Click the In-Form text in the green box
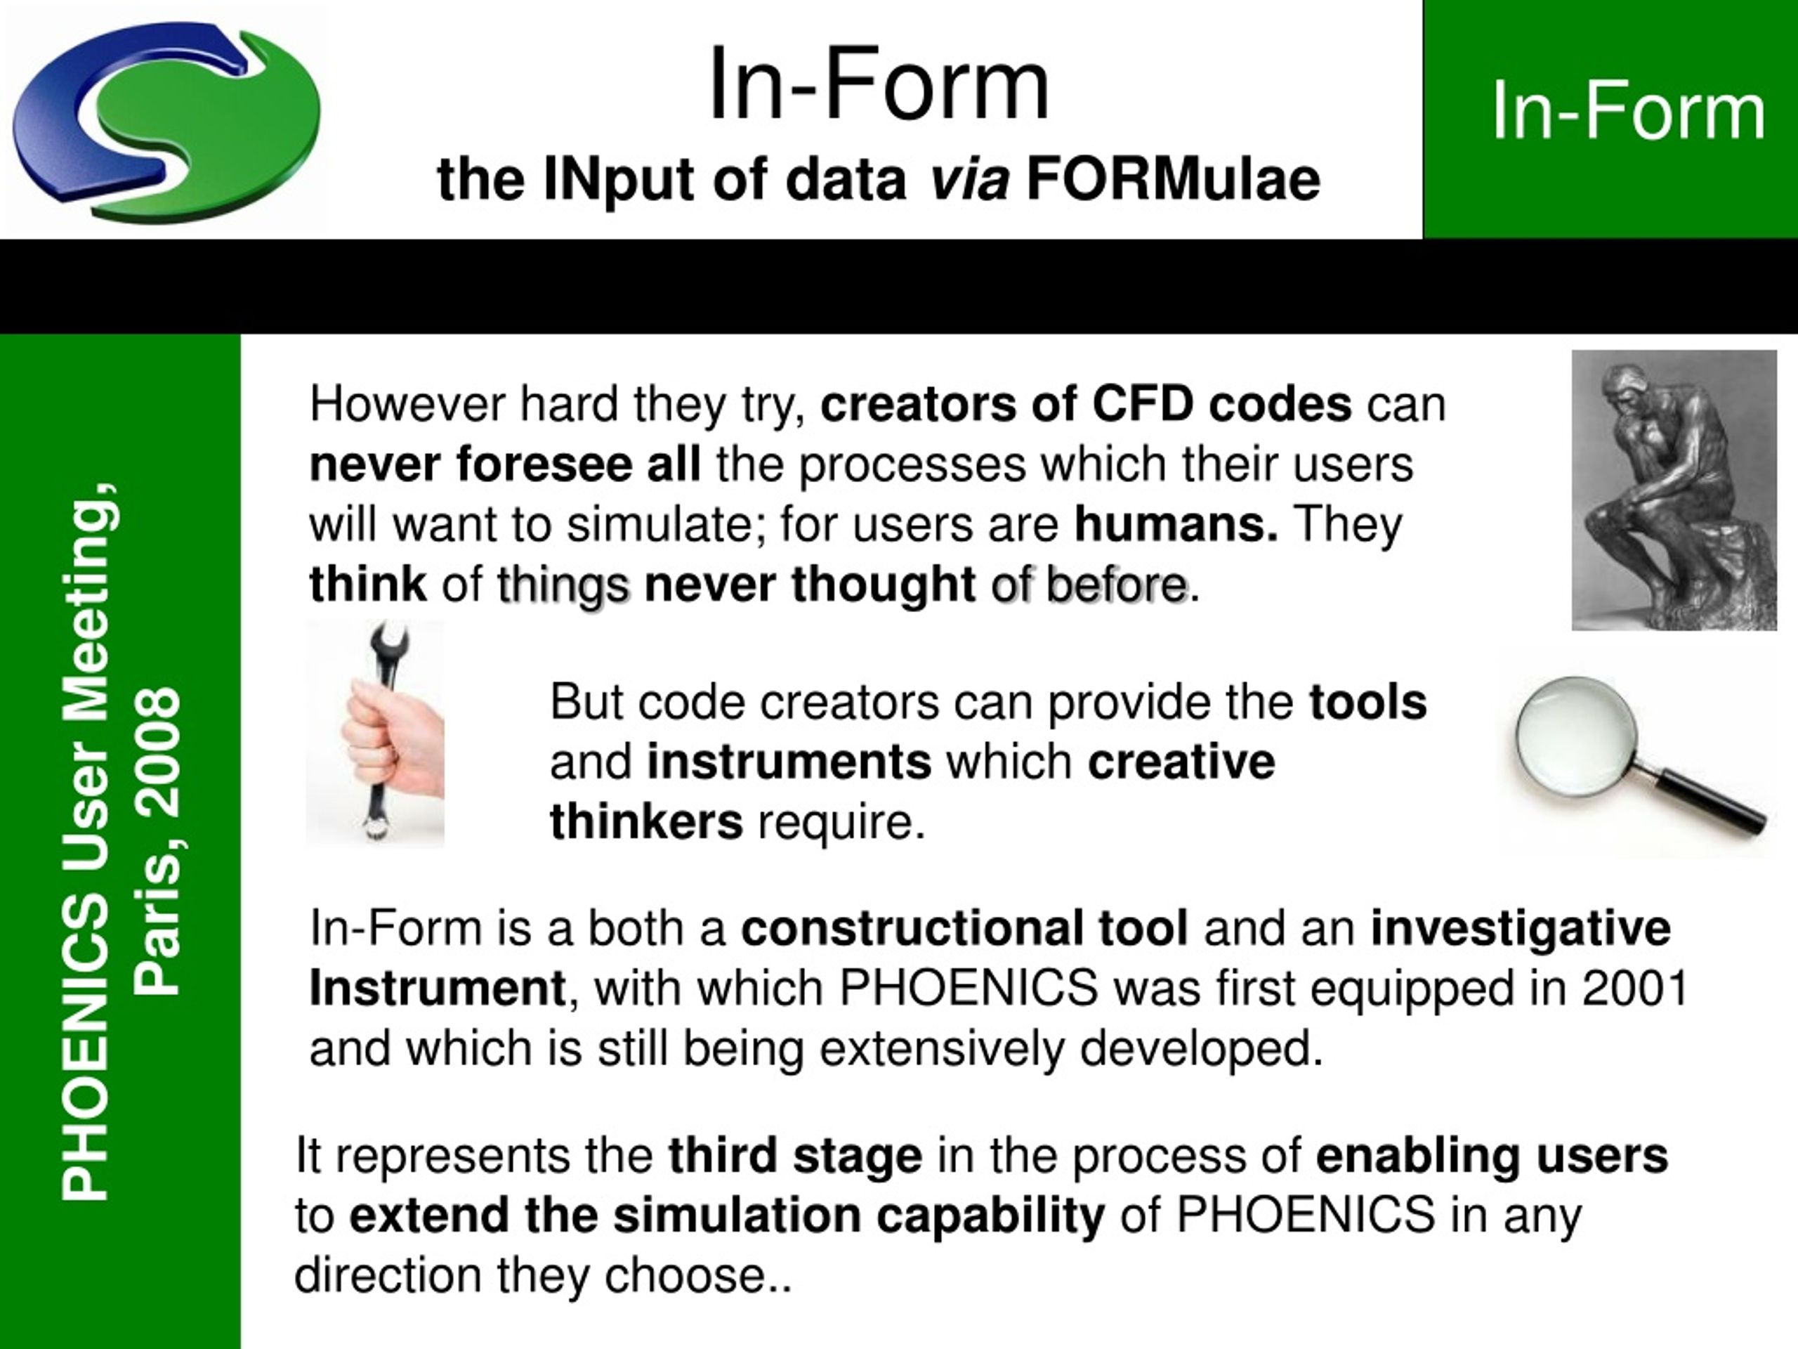[x=1628, y=112]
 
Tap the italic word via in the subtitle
[x=969, y=180]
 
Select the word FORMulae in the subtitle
[x=1173, y=180]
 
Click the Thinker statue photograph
[x=1674, y=490]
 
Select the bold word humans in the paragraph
[x=1175, y=524]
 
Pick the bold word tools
[x=1368, y=702]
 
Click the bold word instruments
[x=789, y=762]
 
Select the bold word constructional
[x=964, y=929]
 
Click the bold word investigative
[x=1521, y=929]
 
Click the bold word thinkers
[x=646, y=822]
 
